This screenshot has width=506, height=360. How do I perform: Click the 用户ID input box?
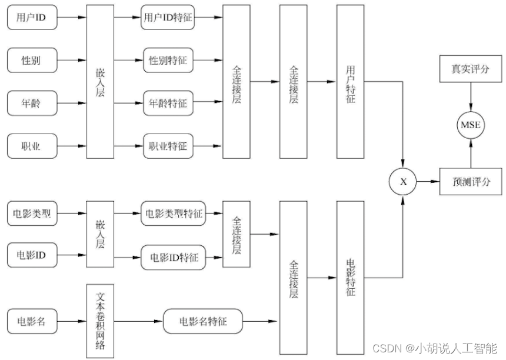[32, 18]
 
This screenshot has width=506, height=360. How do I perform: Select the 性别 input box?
[32, 60]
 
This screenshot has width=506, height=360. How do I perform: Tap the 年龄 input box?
[32, 104]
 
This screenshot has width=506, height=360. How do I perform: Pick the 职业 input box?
[32, 146]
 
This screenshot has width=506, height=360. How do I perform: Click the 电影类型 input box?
[32, 214]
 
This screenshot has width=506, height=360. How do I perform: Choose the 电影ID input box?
[32, 256]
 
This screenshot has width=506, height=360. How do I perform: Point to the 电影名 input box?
[32, 321]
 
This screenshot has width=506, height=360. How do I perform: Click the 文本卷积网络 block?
[99, 321]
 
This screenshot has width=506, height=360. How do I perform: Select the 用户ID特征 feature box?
[168, 18]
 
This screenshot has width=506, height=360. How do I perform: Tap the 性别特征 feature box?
[168, 60]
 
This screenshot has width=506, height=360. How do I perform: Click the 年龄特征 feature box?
[168, 104]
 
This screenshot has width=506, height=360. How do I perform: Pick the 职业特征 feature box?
[168, 146]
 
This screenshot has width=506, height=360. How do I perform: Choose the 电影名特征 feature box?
[203, 321]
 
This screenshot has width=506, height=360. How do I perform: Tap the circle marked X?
[403, 182]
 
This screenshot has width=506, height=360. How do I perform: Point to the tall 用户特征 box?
[351, 81]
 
